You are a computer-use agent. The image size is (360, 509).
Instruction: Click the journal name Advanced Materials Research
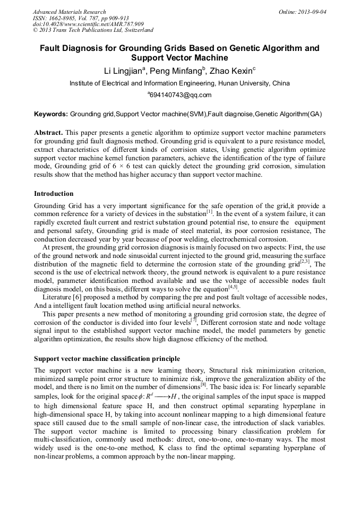69,12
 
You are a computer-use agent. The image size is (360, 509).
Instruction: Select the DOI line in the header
88,24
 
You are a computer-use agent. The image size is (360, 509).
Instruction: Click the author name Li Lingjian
124,71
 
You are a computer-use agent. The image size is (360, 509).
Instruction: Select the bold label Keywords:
51,114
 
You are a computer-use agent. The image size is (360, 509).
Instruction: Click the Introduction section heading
54,194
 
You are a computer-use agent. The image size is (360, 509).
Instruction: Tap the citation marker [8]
203,385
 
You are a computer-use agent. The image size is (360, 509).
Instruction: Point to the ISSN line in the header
81,18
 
